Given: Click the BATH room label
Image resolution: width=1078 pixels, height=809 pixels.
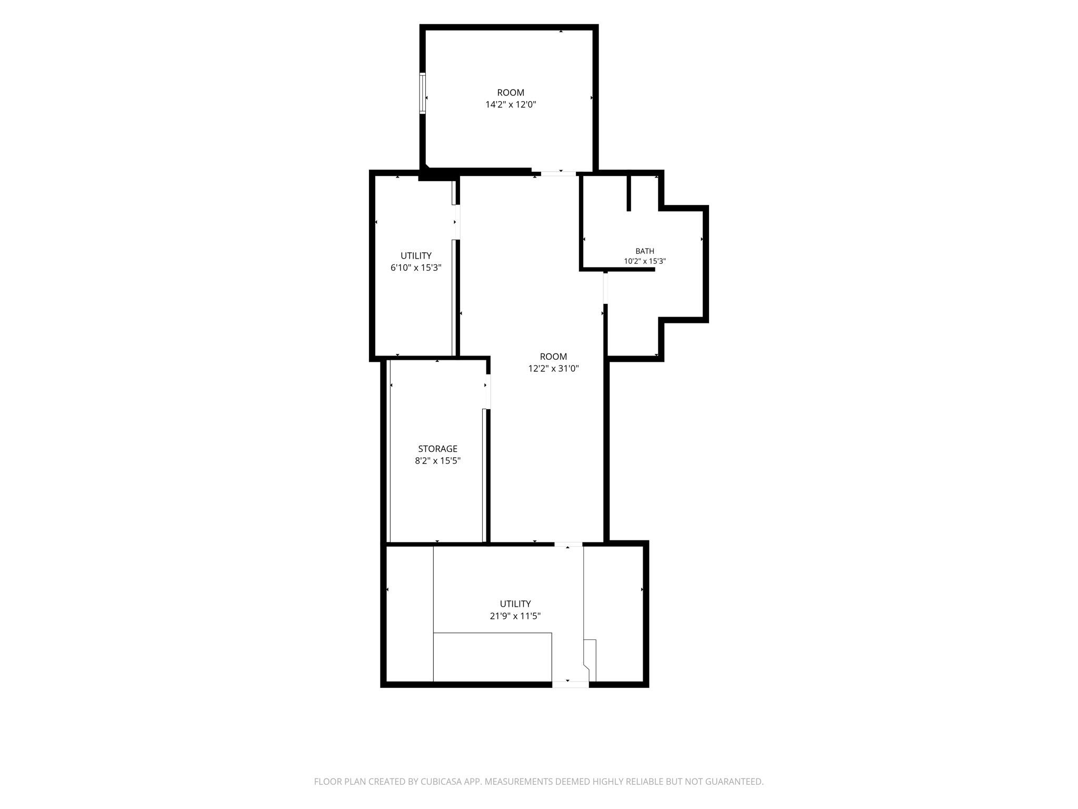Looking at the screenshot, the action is pos(645,251).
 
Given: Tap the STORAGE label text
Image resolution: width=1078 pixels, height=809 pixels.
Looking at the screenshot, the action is pos(437,449).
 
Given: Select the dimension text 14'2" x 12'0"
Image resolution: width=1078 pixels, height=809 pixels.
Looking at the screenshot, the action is pos(511,104).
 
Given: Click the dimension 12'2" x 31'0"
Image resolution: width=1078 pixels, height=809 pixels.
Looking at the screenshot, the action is pos(553,369).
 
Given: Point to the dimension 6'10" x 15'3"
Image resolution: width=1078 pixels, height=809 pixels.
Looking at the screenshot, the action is pos(416,268).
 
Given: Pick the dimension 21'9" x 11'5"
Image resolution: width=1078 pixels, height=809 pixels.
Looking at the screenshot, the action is pos(515,616).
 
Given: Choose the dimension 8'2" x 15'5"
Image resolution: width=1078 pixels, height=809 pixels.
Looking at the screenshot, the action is pos(437,461).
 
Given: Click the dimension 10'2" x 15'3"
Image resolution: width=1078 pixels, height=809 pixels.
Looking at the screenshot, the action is pos(645,261).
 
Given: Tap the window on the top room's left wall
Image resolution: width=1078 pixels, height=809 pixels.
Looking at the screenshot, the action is pos(422,93).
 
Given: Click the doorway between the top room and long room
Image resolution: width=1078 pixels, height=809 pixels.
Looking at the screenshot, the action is pos(558,173).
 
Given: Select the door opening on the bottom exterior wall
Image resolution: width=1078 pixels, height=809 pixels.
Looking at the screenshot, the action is pos(570,684).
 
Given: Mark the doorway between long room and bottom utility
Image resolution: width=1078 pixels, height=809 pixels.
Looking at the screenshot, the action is pos(568,544).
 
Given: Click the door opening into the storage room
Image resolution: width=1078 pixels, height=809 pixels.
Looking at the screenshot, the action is pos(488,391).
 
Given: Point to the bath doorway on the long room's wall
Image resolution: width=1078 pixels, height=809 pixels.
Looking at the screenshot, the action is pos(605,288).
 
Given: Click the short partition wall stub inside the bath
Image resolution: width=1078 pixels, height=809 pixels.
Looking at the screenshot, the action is pos(628,193).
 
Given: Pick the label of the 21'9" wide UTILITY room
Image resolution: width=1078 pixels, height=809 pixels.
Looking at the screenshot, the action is pos(515,604).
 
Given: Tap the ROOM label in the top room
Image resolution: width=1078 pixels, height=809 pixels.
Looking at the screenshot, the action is pos(511,93).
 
